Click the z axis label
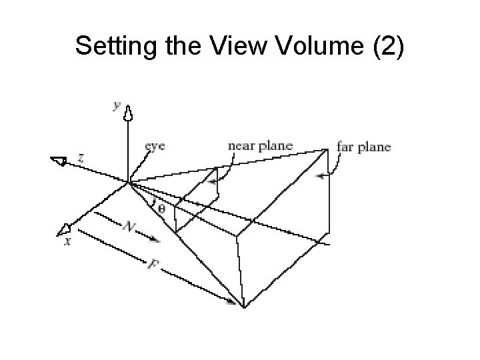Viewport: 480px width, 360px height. [81, 157]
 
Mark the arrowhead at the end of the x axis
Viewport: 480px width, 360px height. [64, 231]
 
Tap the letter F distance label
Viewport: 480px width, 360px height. [153, 265]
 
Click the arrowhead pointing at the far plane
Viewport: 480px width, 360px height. [321, 177]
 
